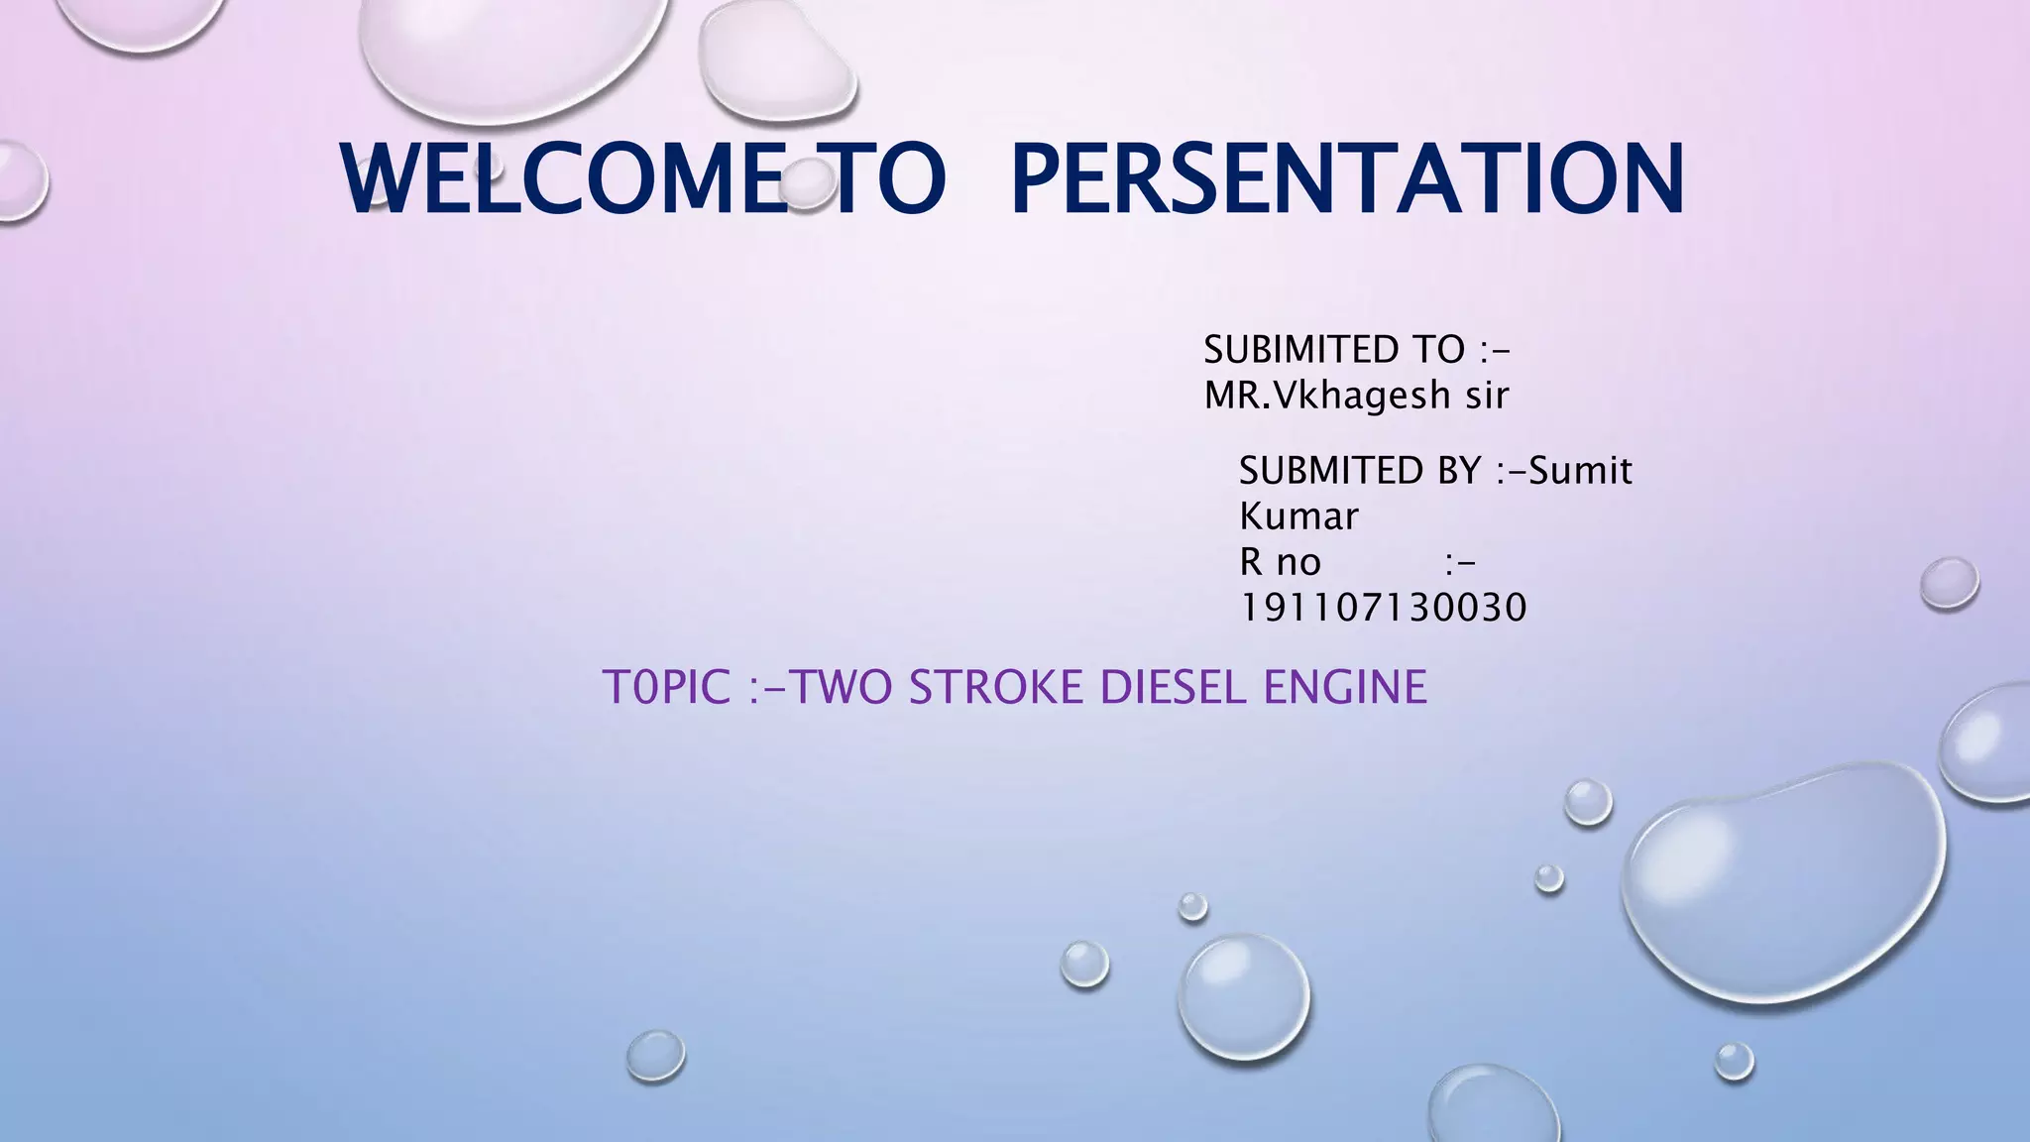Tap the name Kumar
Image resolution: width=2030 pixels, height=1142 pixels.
1298,516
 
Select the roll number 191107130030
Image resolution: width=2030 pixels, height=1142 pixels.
1384,608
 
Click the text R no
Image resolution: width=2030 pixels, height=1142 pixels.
1280,562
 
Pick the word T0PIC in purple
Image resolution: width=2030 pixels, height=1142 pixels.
667,687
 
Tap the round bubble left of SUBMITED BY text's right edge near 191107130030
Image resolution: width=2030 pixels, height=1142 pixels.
1949,584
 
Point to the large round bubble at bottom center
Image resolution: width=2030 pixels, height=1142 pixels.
1243,996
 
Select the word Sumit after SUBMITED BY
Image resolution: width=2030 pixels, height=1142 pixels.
1580,470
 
